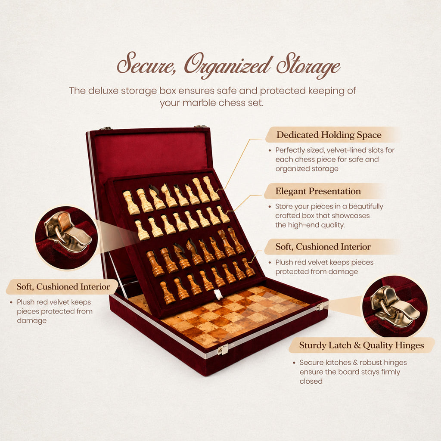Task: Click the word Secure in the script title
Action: click(146, 64)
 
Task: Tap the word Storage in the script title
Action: click(308, 65)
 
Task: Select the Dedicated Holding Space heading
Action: click(329, 135)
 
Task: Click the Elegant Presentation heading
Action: click(318, 191)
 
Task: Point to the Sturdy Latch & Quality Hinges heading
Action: click(361, 345)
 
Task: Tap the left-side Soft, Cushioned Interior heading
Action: click(63, 286)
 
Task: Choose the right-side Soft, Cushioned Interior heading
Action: click(323, 246)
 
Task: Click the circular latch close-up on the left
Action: click(66, 237)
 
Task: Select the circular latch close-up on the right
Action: click(394, 307)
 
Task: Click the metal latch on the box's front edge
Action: click(223, 349)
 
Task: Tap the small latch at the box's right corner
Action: click(320, 307)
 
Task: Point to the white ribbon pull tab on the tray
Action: click(217, 294)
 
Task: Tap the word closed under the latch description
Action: click(311, 381)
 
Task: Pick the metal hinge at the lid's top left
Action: click(106, 128)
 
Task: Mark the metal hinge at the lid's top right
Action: click(200, 126)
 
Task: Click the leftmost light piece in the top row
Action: click(131, 202)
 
